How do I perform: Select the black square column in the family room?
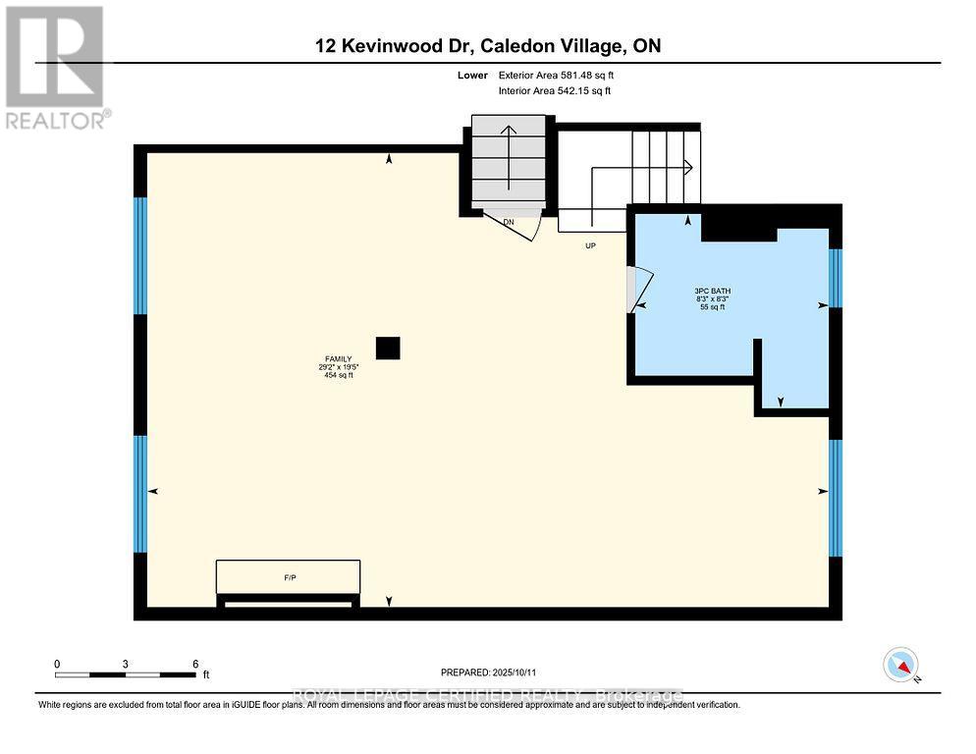(389, 348)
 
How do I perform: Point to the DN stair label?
(509, 223)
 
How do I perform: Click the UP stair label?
(590, 245)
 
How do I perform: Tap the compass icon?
(900, 665)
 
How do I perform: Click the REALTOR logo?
(57, 67)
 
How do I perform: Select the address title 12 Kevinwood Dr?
(488, 46)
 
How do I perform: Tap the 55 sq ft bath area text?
(712, 307)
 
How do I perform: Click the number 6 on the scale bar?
(195, 664)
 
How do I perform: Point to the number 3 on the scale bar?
(126, 664)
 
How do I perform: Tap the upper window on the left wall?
(140, 255)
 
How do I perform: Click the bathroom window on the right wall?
(836, 278)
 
